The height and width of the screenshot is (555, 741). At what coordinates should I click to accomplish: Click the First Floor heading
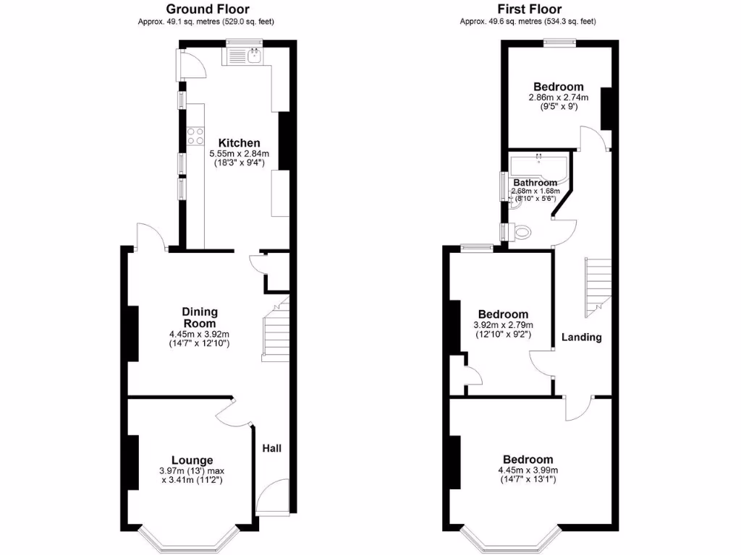pyautogui.click(x=528, y=9)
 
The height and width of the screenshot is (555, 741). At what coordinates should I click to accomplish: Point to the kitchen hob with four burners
pyautogui.click(x=195, y=136)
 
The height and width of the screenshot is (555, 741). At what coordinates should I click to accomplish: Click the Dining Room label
pyautogui.click(x=199, y=317)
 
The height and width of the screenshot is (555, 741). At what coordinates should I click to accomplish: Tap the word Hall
pyautogui.click(x=271, y=449)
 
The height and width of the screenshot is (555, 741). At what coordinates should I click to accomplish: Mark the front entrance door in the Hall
pyautogui.click(x=271, y=497)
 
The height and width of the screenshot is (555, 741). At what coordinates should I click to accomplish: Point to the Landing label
pyautogui.click(x=582, y=337)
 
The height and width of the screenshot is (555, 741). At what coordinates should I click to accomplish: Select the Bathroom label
pyautogui.click(x=535, y=183)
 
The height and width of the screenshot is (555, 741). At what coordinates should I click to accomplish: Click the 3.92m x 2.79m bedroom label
pyautogui.click(x=502, y=314)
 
